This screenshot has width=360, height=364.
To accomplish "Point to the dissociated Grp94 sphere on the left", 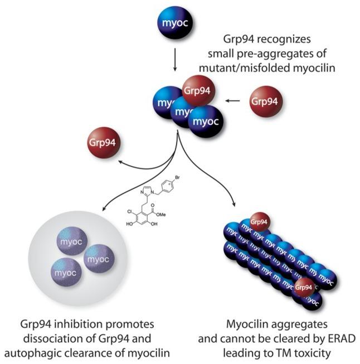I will pos(105,143).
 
